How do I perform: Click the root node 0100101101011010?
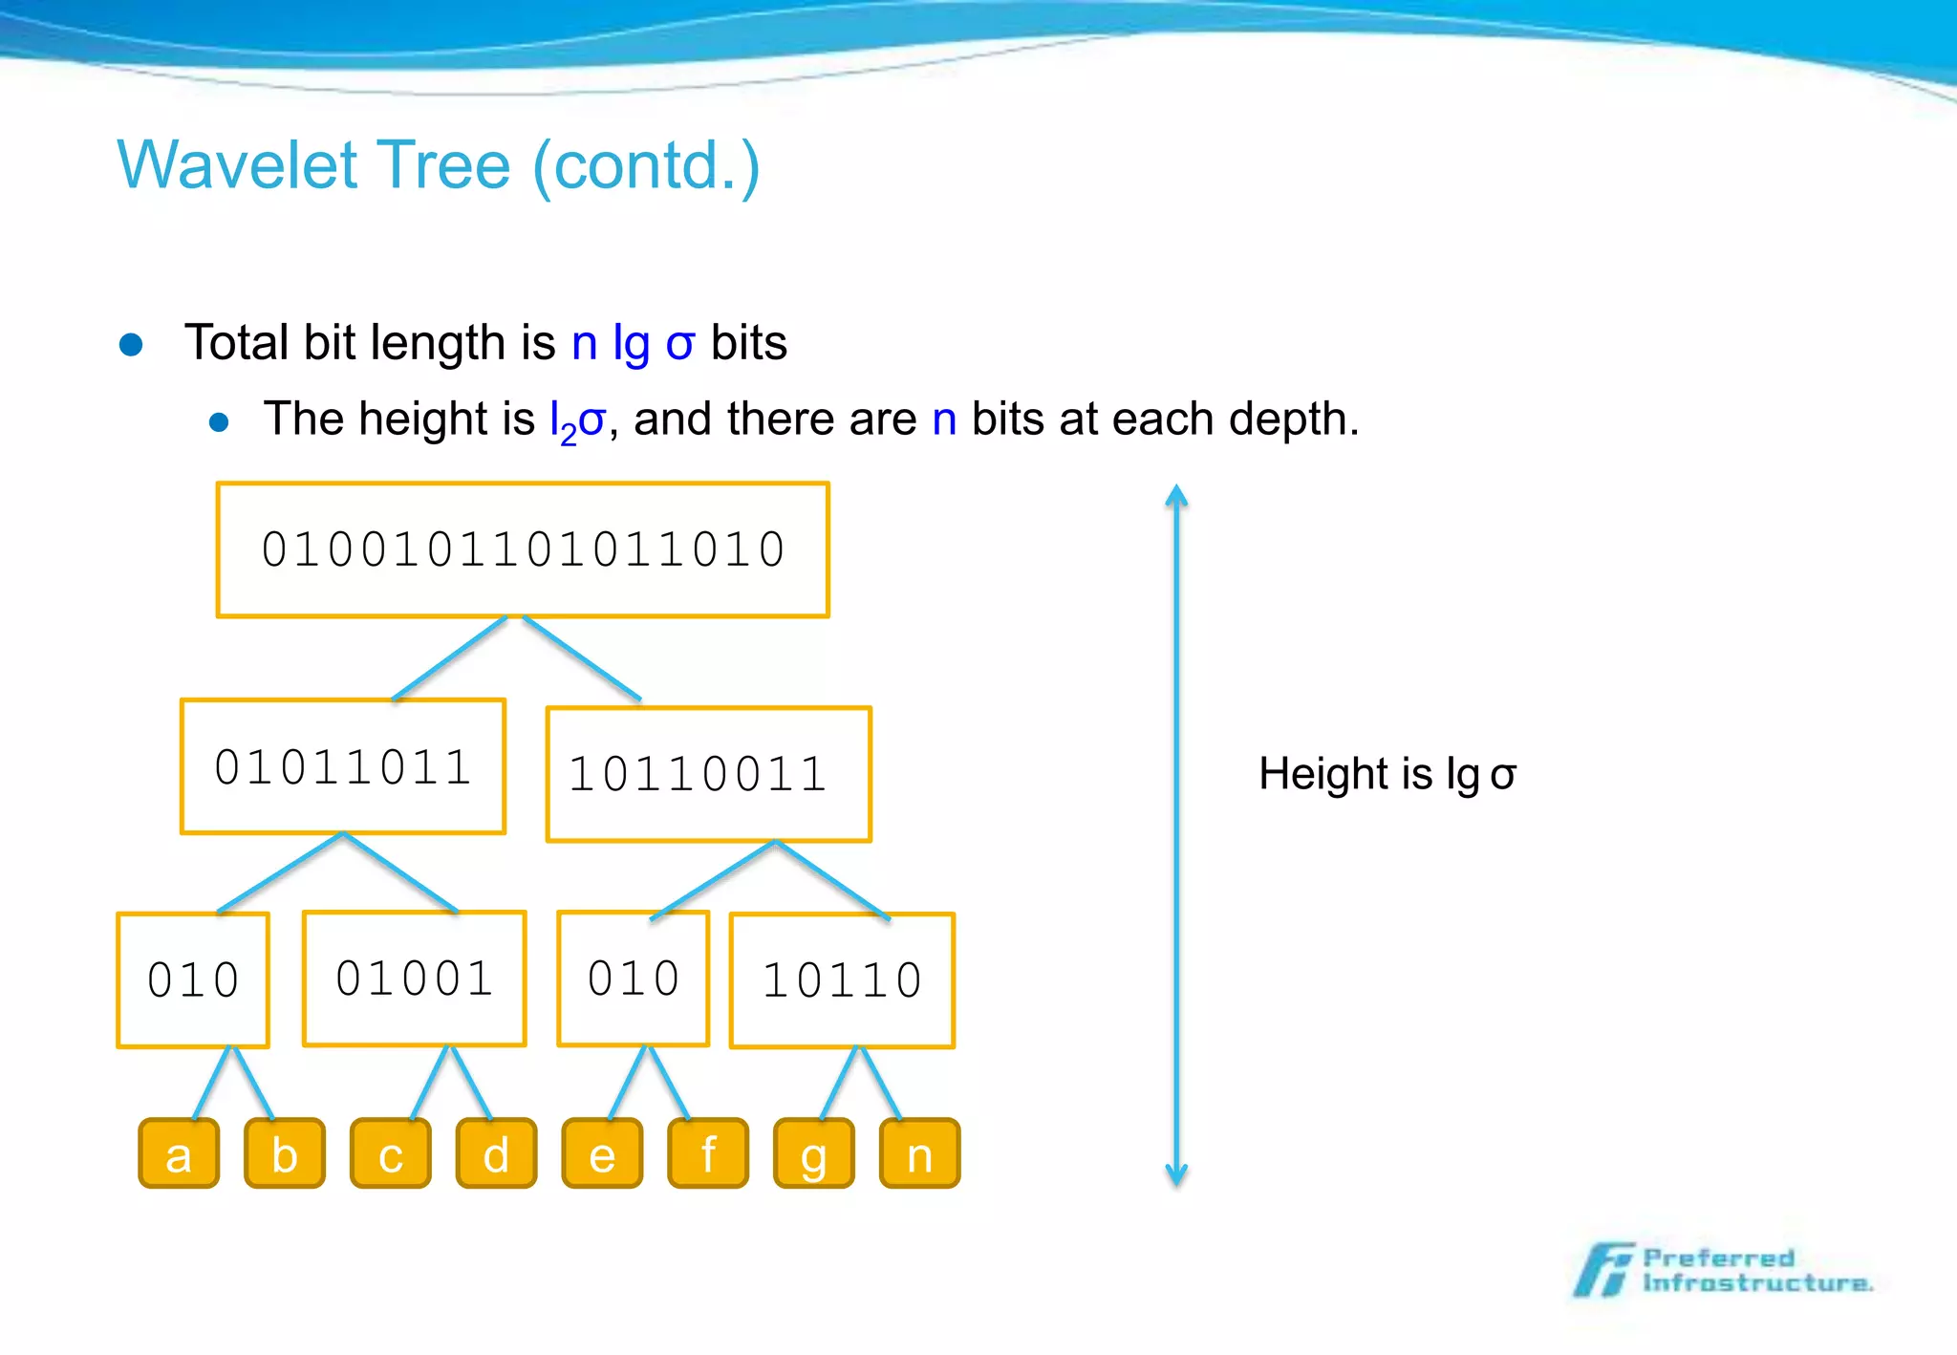coord(523,549)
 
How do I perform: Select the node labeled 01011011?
coord(343,766)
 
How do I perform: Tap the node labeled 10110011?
coord(708,774)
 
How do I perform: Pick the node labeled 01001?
coord(415,979)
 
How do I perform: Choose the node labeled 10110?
coord(842,980)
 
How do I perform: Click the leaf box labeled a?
coord(179,1153)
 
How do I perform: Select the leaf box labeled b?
coord(285,1153)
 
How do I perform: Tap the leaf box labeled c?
coord(391,1153)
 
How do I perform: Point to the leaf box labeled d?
coord(496,1153)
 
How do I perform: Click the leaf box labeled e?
coord(602,1153)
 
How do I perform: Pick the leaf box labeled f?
coord(708,1153)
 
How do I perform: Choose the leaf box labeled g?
coord(813,1153)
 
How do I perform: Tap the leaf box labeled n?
coord(919,1153)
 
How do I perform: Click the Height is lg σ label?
coord(1387,774)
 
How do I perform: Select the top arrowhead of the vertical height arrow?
coord(1176,496)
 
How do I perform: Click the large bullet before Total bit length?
coord(132,345)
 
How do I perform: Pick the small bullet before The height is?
coord(219,422)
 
